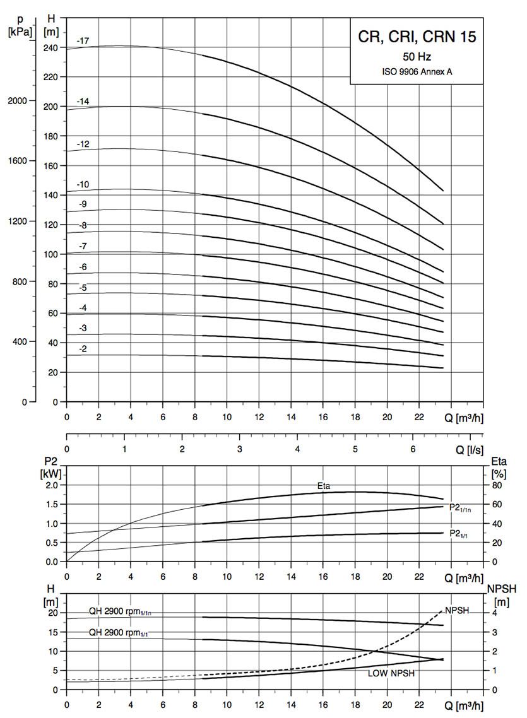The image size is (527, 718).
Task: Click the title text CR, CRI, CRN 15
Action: click(x=417, y=37)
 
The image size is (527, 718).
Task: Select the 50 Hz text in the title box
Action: click(x=417, y=57)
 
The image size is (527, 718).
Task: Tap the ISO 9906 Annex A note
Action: click(x=417, y=71)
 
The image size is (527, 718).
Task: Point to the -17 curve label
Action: click(x=83, y=41)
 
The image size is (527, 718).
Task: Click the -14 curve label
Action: click(x=83, y=101)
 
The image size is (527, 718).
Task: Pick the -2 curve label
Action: click(x=83, y=349)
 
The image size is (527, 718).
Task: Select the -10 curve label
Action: click(x=83, y=184)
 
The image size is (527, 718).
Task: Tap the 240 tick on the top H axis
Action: click(x=51, y=47)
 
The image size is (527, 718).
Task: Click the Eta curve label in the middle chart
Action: click(x=324, y=486)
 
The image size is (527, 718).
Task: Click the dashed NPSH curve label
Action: click(x=457, y=610)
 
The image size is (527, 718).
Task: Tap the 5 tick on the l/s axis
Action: click(x=355, y=449)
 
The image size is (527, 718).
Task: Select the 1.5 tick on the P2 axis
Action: click(x=51, y=504)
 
